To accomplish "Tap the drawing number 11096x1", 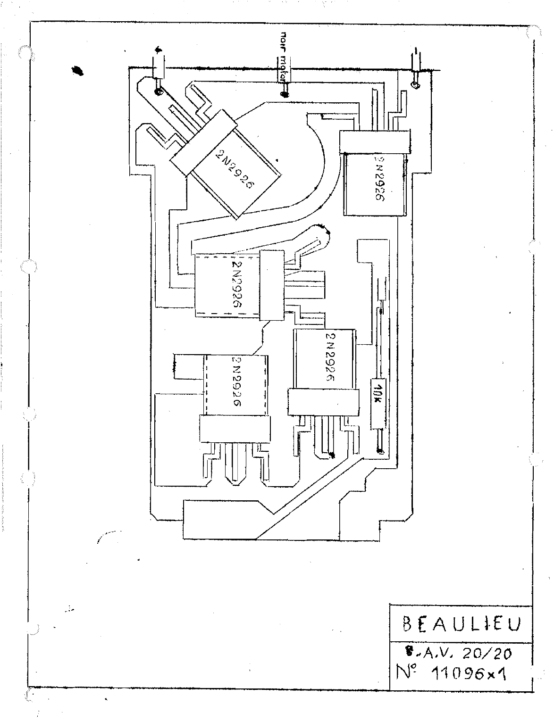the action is [x=472, y=675].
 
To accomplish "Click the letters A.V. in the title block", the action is [x=433, y=654].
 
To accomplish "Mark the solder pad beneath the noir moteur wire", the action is [x=285, y=94].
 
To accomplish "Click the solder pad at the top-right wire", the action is [x=415, y=85].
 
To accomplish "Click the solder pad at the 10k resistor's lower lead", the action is [x=379, y=452].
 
